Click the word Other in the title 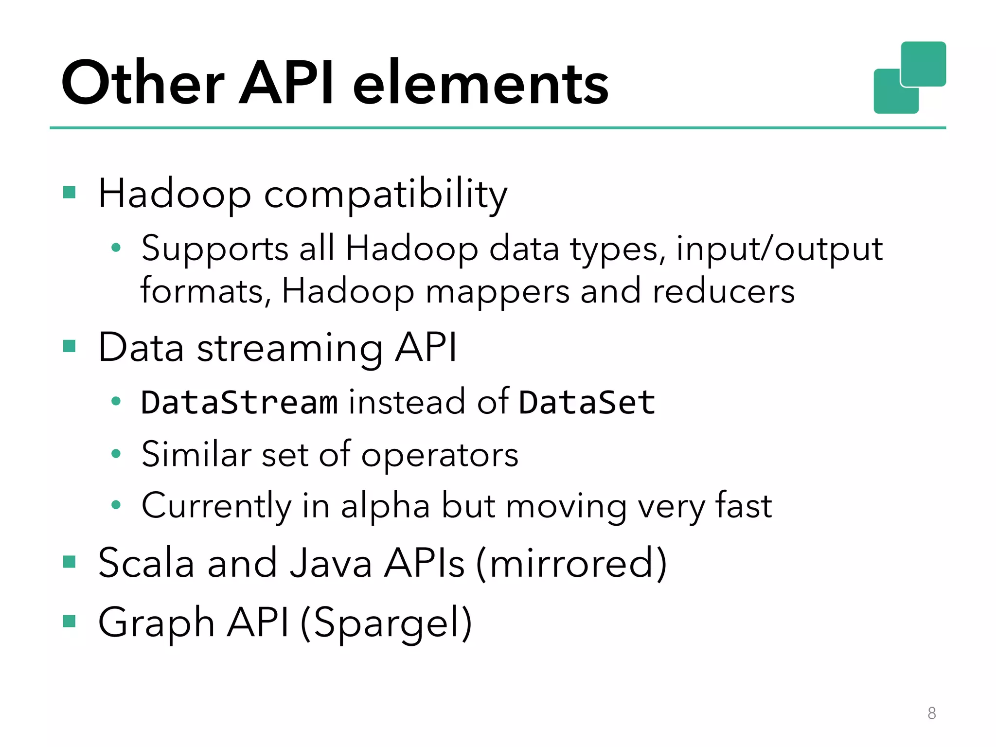pos(142,83)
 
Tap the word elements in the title pos(480,84)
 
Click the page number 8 pos(931,713)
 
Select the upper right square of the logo pos(923,64)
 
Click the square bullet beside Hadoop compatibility pos(70,193)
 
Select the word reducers pos(723,292)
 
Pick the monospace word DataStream pos(239,403)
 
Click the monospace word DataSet pos(587,403)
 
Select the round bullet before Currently pos(116,505)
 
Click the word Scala pos(146,563)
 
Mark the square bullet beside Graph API pos(70,621)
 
